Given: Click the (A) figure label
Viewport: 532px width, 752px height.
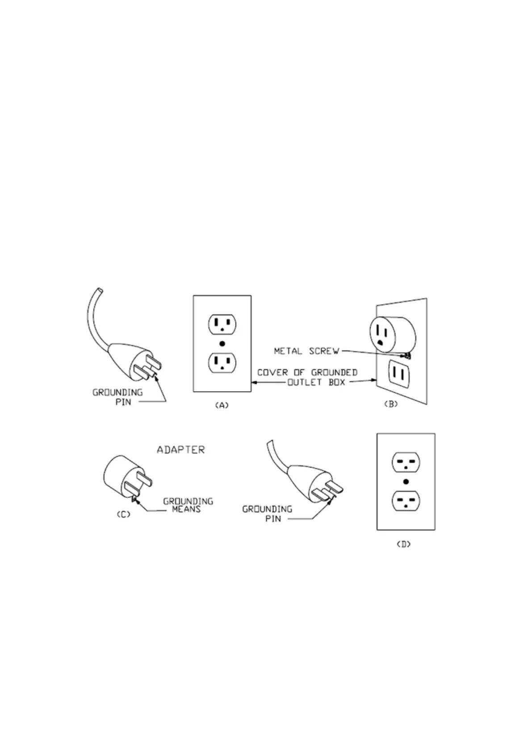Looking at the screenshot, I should click(x=222, y=405).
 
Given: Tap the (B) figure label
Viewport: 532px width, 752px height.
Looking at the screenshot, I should click(x=390, y=404).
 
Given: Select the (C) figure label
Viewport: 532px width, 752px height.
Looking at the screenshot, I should click(x=123, y=514).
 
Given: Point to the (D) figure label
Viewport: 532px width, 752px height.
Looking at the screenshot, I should click(x=403, y=544).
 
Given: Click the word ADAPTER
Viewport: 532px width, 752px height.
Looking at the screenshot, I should click(x=180, y=450).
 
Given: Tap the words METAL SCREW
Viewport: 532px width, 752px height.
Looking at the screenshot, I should click(x=306, y=351).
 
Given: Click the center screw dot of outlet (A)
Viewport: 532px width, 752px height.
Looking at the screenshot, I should click(x=222, y=344).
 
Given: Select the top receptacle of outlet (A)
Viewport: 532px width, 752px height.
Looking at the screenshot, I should click(x=222, y=325).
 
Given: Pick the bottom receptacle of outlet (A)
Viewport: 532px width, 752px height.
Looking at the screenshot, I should click(x=222, y=363).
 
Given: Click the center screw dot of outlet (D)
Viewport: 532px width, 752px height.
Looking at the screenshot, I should click(x=406, y=481).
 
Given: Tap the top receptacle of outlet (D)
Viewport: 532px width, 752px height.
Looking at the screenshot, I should click(x=406, y=462).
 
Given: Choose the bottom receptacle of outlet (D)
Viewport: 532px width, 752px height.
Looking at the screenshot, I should click(x=406, y=501).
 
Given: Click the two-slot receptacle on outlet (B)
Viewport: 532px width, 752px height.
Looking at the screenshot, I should click(x=401, y=373).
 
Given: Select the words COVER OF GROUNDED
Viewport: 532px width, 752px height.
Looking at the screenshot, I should click(x=307, y=372).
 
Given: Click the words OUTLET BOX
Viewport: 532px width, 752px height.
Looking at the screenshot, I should click(x=316, y=383).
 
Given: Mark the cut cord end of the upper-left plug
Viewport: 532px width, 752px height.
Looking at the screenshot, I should click(x=99, y=290).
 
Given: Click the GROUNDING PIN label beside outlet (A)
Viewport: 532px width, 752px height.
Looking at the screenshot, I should click(x=117, y=397).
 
